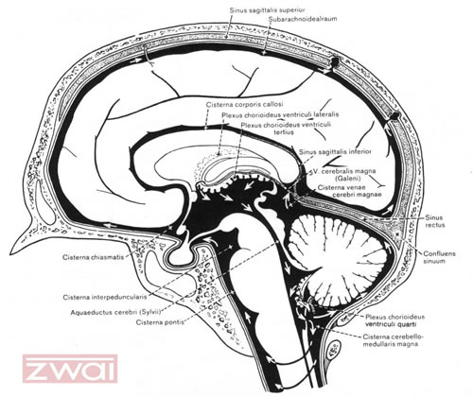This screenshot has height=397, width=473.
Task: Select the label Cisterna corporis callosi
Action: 244,104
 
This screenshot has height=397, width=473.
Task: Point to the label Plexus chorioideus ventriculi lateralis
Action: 280,114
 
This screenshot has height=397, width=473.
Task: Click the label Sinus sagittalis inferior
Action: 335,152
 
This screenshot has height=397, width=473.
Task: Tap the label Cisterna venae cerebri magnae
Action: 349,191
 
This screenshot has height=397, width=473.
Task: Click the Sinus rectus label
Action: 435,221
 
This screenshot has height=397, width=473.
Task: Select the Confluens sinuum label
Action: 439,257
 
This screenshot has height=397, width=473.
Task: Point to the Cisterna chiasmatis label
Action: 93,257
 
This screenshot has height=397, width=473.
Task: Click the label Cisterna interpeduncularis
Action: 105,297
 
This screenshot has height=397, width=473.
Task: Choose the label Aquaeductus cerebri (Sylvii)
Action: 116,313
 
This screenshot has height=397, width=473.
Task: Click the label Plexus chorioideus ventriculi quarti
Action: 394,320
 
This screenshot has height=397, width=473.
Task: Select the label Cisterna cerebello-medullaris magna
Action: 391,340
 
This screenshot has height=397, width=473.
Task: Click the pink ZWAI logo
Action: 70,369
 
